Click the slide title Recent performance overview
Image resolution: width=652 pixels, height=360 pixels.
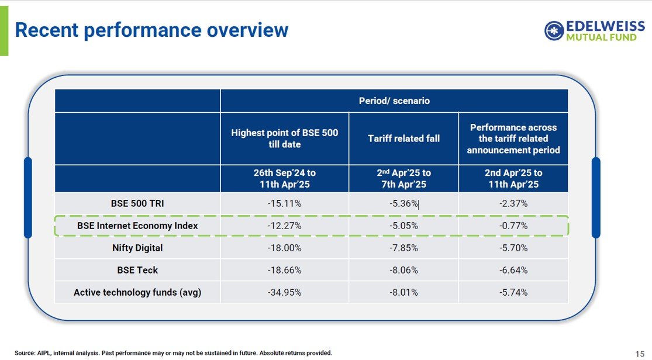coord(151,30)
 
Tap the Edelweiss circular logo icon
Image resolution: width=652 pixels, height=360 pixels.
coord(554,31)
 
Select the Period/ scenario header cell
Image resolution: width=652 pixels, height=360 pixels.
coord(394,101)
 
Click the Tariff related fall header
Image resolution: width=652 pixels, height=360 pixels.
coord(403,139)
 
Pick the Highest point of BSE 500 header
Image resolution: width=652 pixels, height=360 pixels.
coord(284,139)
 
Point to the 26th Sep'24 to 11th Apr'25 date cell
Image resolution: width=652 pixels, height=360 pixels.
coord(284,178)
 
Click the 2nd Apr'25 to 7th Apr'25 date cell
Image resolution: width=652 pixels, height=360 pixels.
coord(403,178)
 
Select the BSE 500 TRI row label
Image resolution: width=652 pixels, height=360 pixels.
coord(137,203)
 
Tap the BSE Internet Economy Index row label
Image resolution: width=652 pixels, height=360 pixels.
coord(137,226)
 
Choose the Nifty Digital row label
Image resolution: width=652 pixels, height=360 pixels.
coord(137,248)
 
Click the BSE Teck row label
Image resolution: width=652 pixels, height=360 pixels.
coord(137,270)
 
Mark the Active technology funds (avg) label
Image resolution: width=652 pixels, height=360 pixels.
coord(137,292)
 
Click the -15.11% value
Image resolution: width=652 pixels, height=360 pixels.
coord(284,203)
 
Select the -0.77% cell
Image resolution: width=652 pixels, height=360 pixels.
coord(513,226)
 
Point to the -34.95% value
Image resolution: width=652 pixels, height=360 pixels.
coord(284,292)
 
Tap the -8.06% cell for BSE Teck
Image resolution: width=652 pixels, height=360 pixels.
coord(403,270)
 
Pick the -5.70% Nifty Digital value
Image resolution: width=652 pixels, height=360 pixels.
coord(513,248)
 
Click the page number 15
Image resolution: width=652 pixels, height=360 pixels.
coord(639,353)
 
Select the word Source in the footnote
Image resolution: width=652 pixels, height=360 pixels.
coord(25,353)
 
